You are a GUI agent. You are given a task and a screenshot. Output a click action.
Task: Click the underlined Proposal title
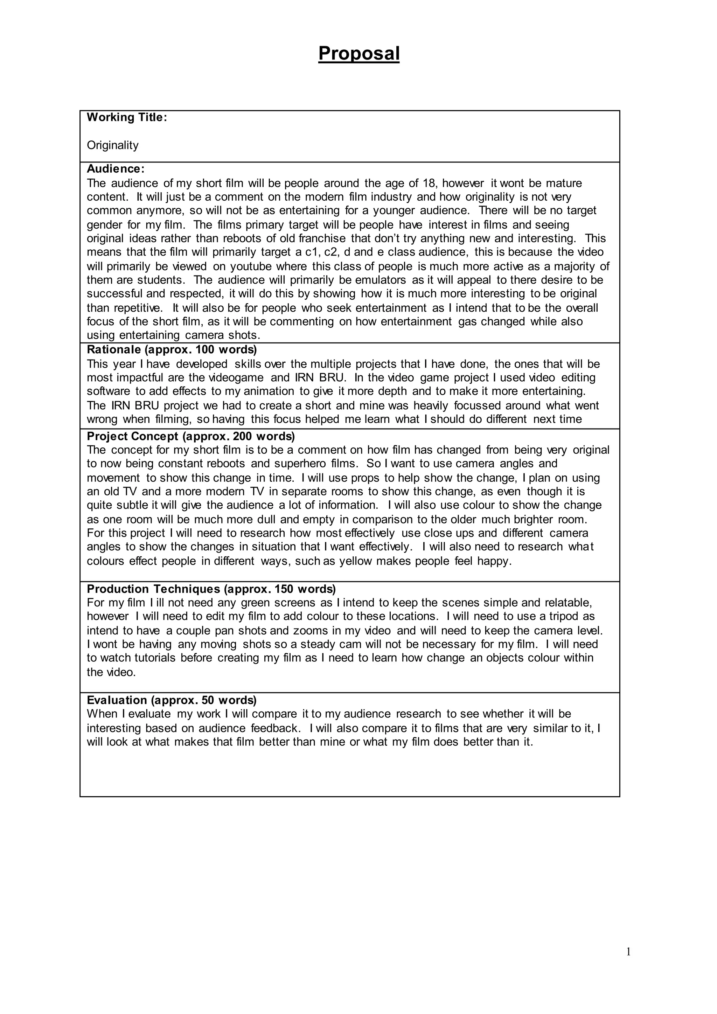[x=358, y=54]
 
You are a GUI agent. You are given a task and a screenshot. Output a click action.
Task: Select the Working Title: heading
[x=127, y=118]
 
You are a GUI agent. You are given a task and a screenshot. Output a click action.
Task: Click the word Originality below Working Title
[x=113, y=145]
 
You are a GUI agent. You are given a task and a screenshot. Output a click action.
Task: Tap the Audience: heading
[x=116, y=169]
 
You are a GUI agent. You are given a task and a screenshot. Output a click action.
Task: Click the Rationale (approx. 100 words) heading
[x=172, y=350]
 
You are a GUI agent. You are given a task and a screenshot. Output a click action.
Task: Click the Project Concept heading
[x=191, y=436]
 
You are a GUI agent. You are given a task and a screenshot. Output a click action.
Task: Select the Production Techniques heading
[x=211, y=589]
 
